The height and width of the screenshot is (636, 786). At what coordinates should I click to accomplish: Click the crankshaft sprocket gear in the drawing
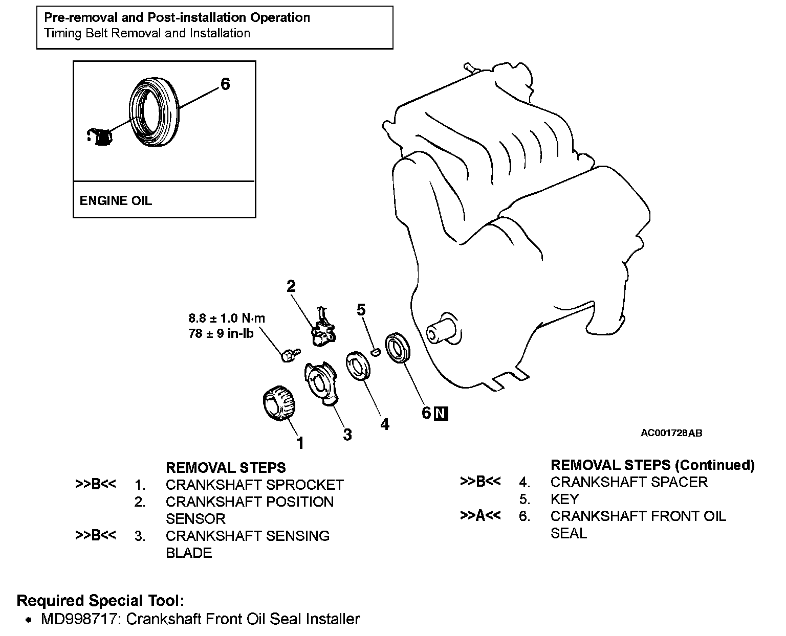pyautogui.click(x=279, y=403)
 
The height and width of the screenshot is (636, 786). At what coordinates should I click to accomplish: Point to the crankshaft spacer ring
pyautogui.click(x=358, y=366)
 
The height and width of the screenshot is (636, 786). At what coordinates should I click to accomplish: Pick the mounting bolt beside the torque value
pyautogui.click(x=291, y=355)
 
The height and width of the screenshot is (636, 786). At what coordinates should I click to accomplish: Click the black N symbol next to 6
pyautogui.click(x=441, y=413)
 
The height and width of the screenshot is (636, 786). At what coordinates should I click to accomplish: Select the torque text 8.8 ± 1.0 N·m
pyautogui.click(x=227, y=318)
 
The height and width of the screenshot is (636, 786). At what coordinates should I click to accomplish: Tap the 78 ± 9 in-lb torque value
pyautogui.click(x=221, y=333)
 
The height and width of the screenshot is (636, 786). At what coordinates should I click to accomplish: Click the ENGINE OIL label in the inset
pyautogui.click(x=116, y=200)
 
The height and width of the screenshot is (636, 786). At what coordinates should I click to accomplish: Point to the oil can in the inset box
pyautogui.click(x=100, y=137)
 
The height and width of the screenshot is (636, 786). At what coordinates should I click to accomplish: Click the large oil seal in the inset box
pyautogui.click(x=154, y=112)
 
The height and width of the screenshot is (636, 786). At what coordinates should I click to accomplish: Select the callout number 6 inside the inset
pyautogui.click(x=225, y=84)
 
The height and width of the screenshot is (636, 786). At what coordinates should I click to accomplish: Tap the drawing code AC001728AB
pyautogui.click(x=671, y=433)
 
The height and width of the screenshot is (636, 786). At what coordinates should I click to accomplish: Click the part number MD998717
pyautogui.click(x=79, y=619)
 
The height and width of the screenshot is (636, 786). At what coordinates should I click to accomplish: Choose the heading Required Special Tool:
pyautogui.click(x=100, y=600)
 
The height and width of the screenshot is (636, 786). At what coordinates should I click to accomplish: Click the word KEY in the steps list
pyautogui.click(x=564, y=499)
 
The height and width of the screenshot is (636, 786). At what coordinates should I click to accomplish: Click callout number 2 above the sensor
pyautogui.click(x=291, y=286)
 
